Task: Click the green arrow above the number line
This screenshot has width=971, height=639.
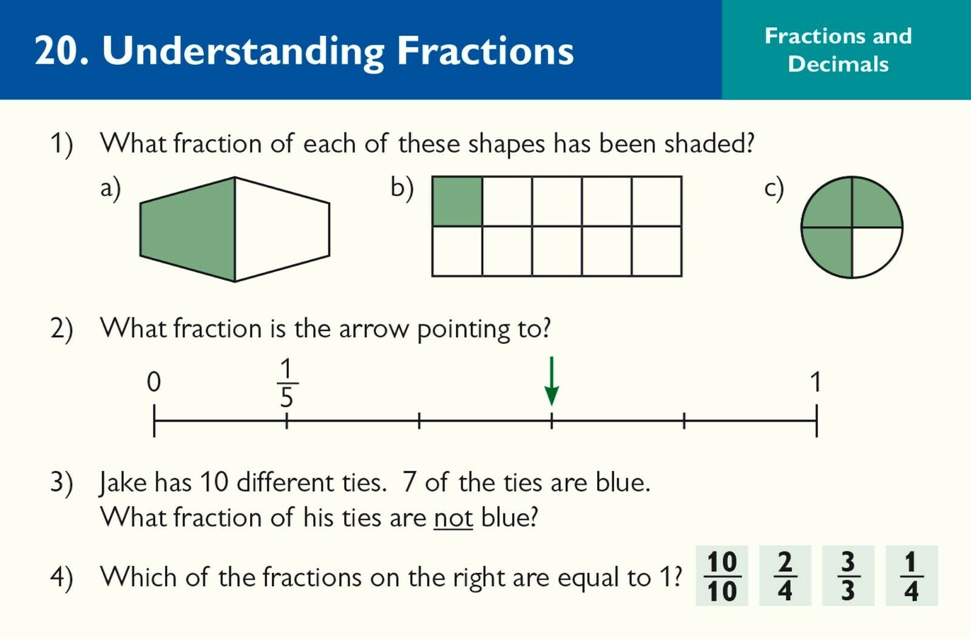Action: click(552, 381)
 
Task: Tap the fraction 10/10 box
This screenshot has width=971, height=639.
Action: click(722, 576)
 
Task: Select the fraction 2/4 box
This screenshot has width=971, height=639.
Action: click(785, 576)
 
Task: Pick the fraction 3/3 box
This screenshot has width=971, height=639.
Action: click(848, 576)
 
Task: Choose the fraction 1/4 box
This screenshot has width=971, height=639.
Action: click(912, 576)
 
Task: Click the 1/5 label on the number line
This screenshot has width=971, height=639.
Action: click(287, 383)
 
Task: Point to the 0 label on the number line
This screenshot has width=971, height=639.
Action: click(154, 382)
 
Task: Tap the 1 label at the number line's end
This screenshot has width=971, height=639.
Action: click(816, 382)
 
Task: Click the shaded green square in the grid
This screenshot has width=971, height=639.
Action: click(458, 201)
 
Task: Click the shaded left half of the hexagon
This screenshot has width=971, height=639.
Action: click(188, 229)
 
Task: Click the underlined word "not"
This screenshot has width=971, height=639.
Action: click(453, 518)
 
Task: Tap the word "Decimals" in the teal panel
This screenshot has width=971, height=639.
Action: click(838, 64)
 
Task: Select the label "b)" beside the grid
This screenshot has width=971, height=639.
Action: click(402, 188)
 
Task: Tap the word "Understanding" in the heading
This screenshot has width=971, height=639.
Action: click(243, 51)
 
